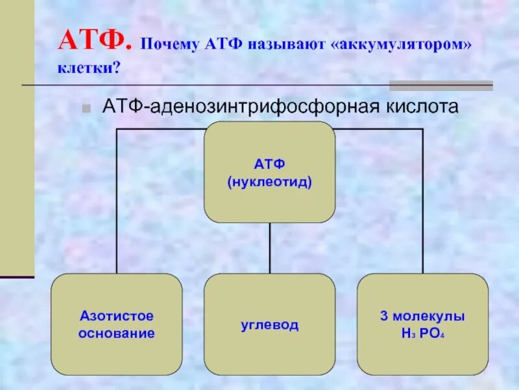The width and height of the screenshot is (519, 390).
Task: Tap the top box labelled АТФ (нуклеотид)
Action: (x=269, y=172)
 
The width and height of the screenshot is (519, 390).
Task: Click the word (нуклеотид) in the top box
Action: (x=269, y=183)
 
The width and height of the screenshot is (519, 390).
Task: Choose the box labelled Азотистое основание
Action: (x=117, y=324)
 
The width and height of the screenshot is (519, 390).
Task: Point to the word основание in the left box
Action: (x=117, y=334)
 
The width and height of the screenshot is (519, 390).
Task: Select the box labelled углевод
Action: (x=269, y=324)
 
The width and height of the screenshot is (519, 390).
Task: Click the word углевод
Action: (x=269, y=324)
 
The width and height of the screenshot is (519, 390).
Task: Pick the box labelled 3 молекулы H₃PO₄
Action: (x=422, y=324)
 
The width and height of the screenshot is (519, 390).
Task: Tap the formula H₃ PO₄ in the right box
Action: (x=422, y=334)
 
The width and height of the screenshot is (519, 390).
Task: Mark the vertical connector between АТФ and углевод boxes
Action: (x=270, y=248)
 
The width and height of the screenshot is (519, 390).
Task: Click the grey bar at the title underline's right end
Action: (x=441, y=85)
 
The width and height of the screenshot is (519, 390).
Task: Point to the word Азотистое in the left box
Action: (x=117, y=317)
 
